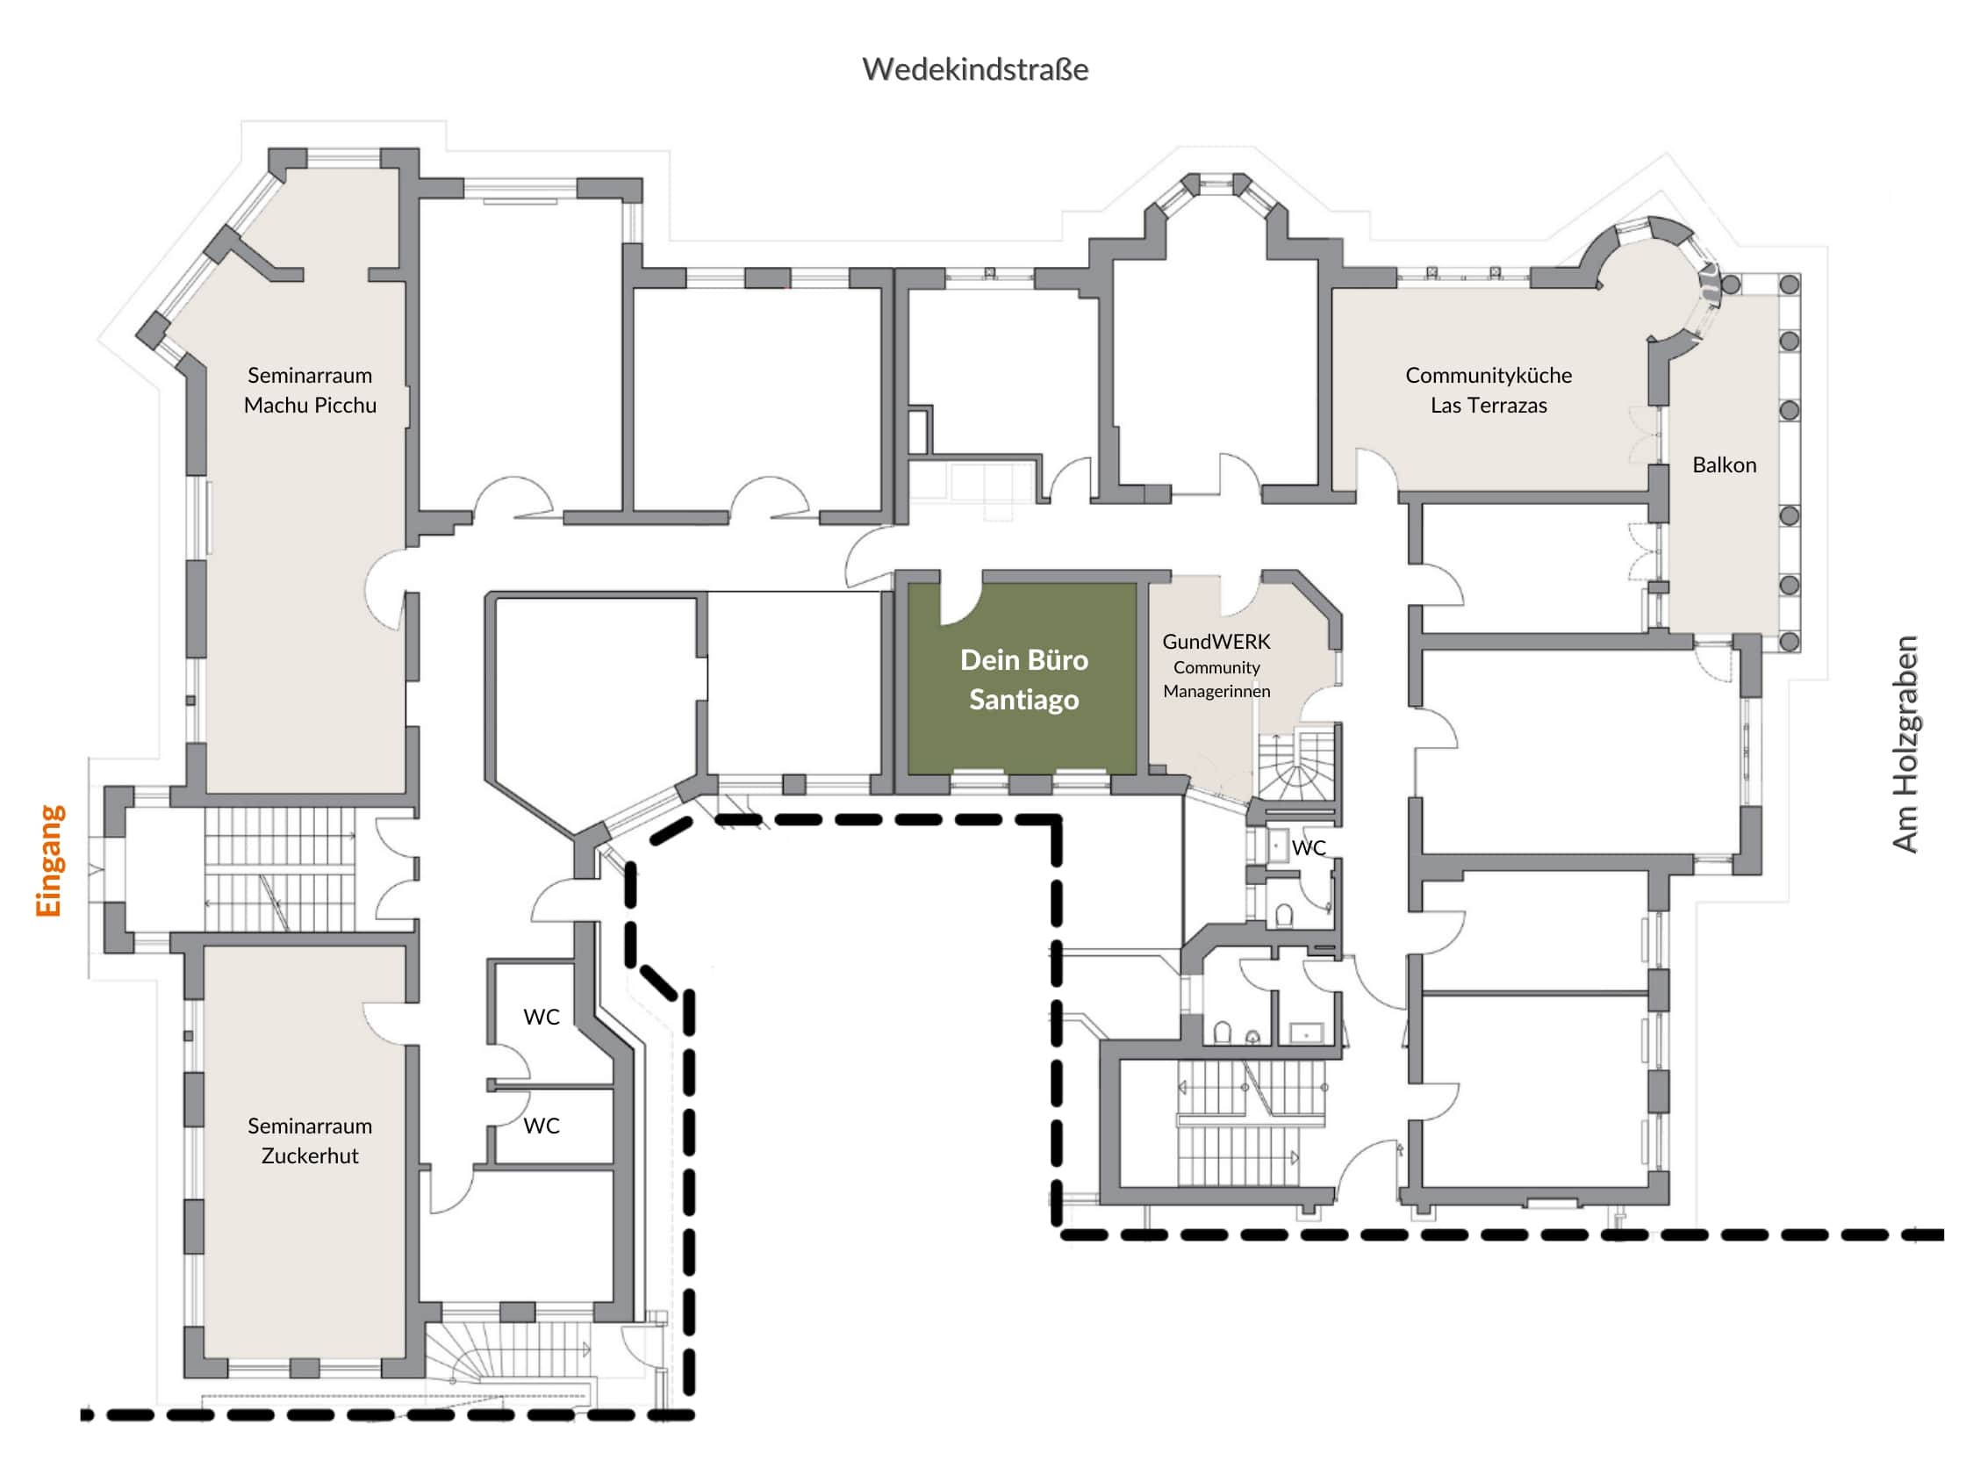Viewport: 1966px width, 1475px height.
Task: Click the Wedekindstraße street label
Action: point(975,69)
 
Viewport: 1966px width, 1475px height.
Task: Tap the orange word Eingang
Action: point(50,860)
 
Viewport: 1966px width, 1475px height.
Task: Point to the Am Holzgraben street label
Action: point(1905,745)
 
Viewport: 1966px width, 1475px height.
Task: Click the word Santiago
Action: point(1024,700)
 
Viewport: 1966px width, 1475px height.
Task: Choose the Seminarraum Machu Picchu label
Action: point(310,391)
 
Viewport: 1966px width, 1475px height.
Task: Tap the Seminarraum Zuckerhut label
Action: point(310,1140)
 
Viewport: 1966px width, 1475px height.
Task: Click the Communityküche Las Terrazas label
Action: point(1489,391)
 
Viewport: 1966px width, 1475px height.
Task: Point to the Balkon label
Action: point(1725,465)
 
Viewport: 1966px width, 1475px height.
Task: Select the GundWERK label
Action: point(1216,642)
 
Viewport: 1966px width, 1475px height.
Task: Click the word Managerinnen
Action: point(1216,691)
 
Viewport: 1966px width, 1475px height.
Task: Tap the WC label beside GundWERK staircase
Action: point(1309,848)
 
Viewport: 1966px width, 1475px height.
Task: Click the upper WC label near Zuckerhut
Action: point(542,1017)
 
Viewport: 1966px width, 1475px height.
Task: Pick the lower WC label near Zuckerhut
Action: point(542,1126)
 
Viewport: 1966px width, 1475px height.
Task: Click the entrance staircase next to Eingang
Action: point(279,868)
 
